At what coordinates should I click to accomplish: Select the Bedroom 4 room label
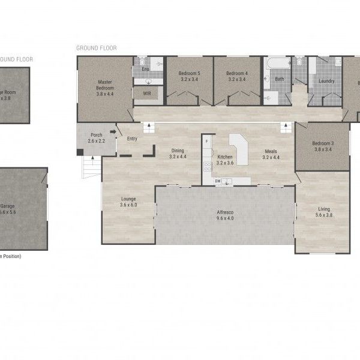236,76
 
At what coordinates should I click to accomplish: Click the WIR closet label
146,94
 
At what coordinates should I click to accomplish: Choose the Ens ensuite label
145,70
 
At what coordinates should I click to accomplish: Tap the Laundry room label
326,81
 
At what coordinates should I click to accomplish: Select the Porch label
96,138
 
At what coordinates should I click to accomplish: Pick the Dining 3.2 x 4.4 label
178,154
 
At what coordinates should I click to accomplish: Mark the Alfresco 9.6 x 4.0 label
225,215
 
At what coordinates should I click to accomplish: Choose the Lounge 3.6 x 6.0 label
128,202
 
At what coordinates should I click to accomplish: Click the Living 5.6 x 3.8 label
323,212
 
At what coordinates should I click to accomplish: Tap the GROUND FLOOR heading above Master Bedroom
96,47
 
